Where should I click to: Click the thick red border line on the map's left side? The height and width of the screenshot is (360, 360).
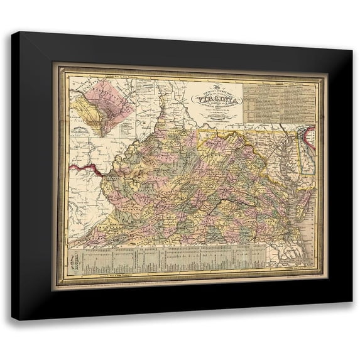(x=87, y=168)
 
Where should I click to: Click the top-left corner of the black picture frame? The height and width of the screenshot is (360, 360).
(x=13, y=33)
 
